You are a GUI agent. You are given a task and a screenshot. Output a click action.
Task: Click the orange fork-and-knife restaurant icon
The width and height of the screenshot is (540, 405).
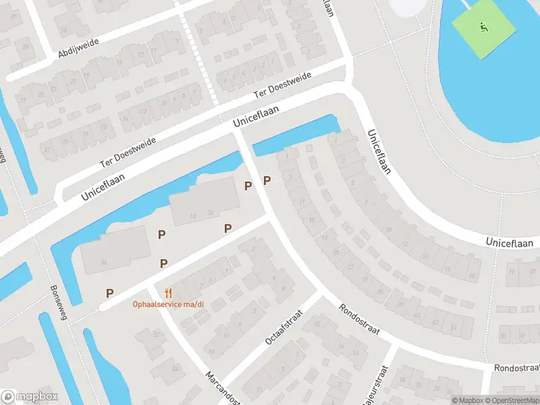tap(168, 293)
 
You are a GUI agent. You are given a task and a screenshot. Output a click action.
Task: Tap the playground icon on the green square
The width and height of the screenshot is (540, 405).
tap(483, 28)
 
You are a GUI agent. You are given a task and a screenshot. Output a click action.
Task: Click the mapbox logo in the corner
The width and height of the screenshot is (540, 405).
tap(30, 396)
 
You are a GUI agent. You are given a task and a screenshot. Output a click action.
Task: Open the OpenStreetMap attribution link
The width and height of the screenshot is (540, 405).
tap(512, 400)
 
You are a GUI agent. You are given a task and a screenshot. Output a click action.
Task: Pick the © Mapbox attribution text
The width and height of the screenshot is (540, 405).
tap(468, 400)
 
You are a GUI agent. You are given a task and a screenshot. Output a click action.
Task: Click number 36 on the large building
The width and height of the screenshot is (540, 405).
tap(103, 263)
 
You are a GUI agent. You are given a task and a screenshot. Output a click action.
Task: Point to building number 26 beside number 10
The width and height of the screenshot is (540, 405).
tap(211, 215)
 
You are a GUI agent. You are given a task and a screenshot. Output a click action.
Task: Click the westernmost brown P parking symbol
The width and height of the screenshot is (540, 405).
tap(109, 293)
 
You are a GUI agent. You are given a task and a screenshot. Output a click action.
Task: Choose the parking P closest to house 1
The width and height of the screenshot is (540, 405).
tap(267, 180)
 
